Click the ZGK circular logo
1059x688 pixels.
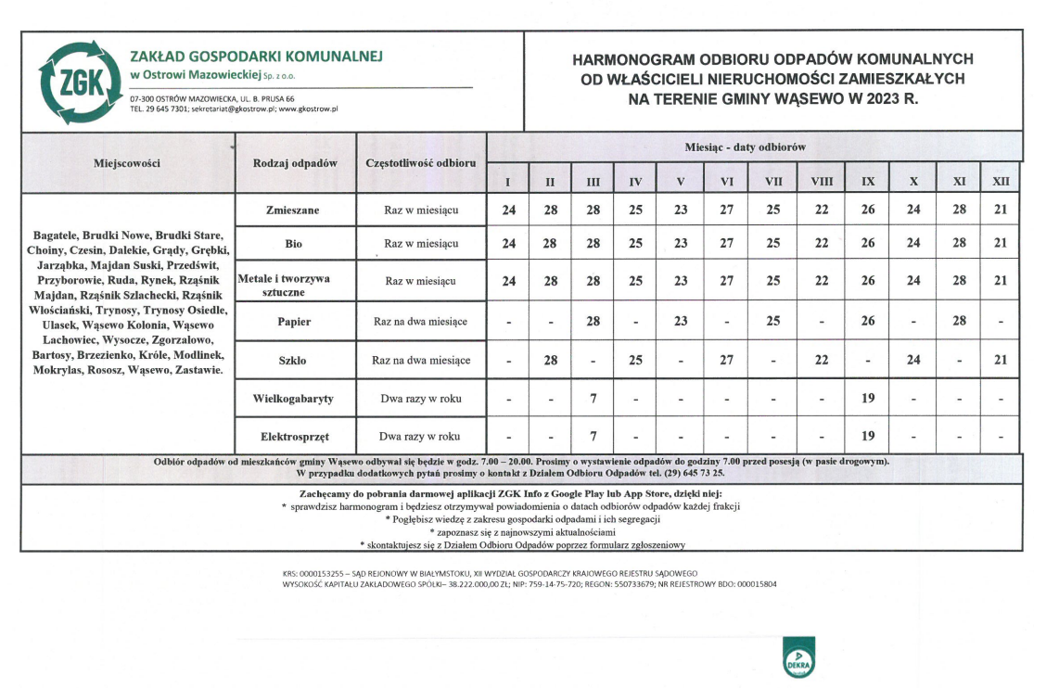click(x=80, y=83)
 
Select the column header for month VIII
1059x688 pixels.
click(x=821, y=182)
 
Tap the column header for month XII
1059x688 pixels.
click(x=1001, y=182)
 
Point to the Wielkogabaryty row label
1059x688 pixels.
click(x=293, y=399)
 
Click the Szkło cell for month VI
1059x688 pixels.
click(x=727, y=360)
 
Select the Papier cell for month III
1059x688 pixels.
click(x=593, y=321)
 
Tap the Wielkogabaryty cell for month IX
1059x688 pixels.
click(x=868, y=399)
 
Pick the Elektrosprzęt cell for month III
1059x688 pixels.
click(x=593, y=435)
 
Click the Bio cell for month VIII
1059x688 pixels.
click(x=821, y=243)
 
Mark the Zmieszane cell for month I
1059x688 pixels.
click(x=508, y=210)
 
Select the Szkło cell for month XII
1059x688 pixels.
click(x=1001, y=360)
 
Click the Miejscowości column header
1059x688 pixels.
click(x=127, y=163)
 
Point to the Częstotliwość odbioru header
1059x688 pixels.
click(x=421, y=163)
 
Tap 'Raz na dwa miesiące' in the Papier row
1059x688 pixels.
click(x=421, y=322)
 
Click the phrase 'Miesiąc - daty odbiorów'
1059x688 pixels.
click(x=745, y=147)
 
